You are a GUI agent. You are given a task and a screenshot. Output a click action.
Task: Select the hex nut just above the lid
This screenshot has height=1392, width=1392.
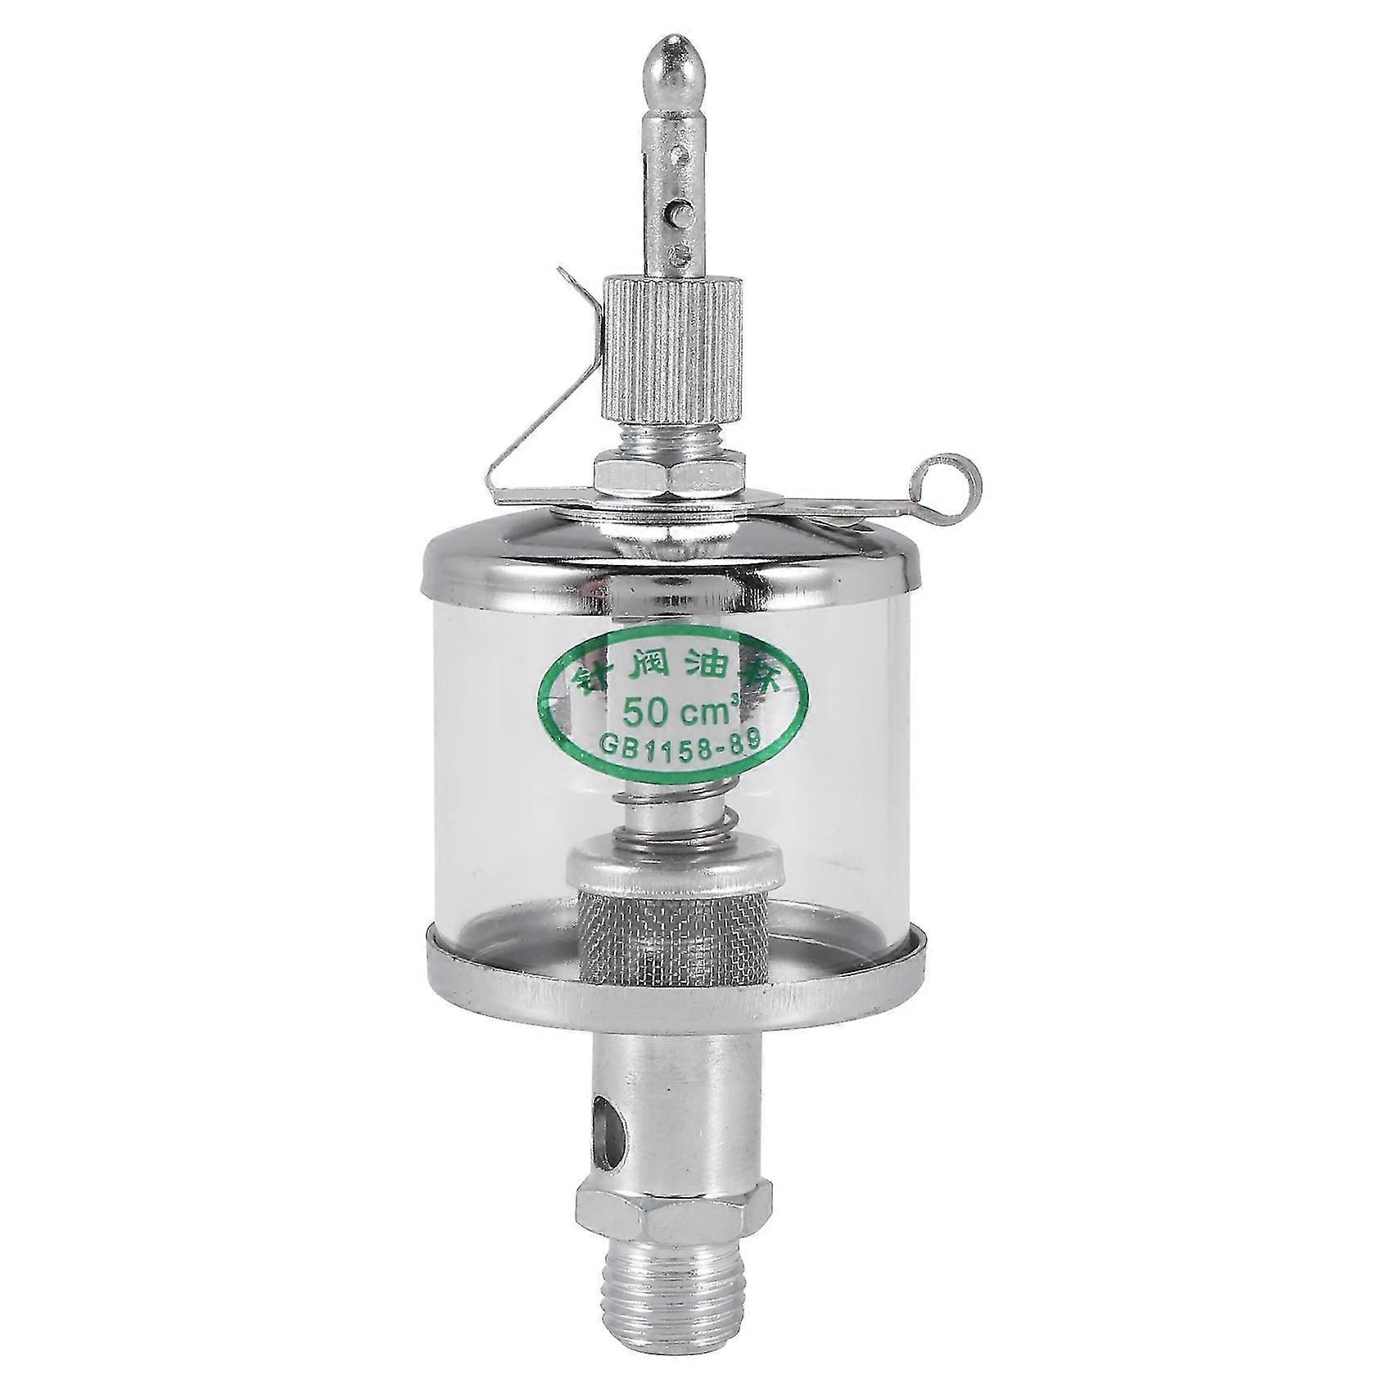pos(671,476)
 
